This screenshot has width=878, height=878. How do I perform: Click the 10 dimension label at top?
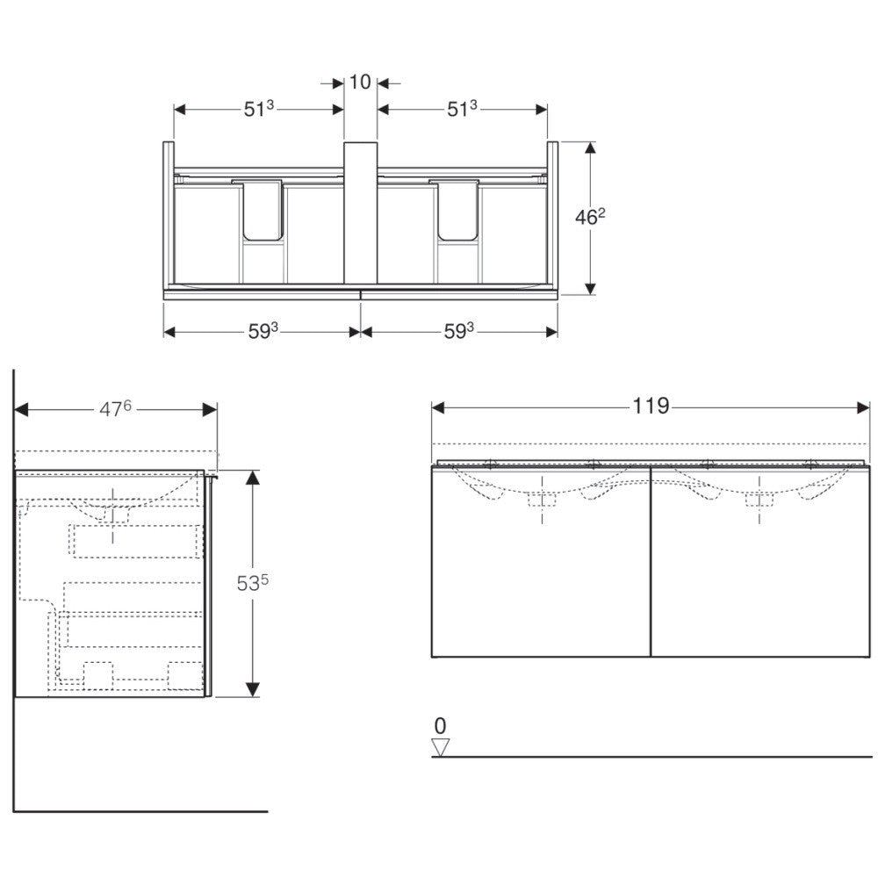pos(360,83)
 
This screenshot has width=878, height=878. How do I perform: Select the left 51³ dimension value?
pos(259,109)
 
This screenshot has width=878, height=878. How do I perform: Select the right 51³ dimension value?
pos(462,109)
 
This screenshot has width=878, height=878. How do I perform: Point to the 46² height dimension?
pos(590,217)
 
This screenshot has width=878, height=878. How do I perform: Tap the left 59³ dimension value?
pos(263,332)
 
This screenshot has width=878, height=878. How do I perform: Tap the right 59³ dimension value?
pos(458,332)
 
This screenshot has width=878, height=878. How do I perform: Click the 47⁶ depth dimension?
pos(115,409)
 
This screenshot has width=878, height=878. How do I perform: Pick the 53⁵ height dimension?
pos(253,583)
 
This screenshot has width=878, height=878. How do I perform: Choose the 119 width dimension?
pos(651,406)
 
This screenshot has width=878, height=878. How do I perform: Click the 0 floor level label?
pos(440,726)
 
